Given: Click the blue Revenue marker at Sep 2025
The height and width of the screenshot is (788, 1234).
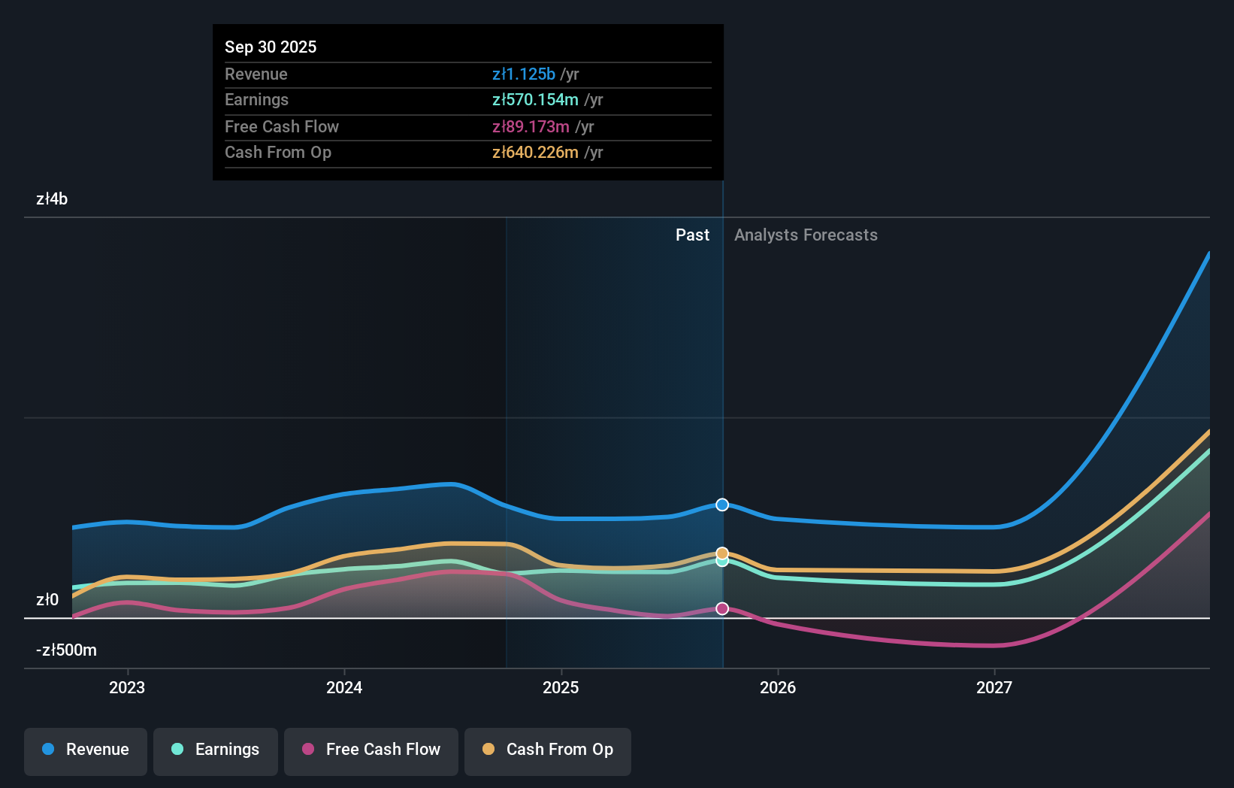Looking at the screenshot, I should (x=722, y=505).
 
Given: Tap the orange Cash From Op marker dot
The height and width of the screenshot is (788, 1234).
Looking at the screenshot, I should (x=722, y=553).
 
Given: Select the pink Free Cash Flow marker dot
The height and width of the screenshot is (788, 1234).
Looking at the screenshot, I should (x=722, y=608).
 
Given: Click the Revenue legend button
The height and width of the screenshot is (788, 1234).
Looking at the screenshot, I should (x=86, y=750).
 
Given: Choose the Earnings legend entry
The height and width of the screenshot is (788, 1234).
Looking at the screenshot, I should (x=216, y=750).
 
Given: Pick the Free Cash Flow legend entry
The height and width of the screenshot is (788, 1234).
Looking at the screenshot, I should (x=371, y=750).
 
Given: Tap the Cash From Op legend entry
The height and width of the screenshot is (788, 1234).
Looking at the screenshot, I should (x=548, y=750).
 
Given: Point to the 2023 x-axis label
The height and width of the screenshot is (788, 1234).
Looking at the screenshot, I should (x=127, y=688).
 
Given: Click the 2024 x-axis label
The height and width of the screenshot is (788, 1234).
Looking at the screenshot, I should (x=344, y=688).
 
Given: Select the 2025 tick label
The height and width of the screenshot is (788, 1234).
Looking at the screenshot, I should (x=561, y=688).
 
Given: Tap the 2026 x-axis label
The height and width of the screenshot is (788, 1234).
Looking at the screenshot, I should (x=778, y=688).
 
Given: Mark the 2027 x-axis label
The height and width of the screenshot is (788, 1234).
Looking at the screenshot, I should (x=994, y=688).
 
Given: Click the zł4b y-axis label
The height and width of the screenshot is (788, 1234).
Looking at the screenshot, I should (x=52, y=199).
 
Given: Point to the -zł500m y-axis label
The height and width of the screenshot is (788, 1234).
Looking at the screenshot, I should (x=66, y=650).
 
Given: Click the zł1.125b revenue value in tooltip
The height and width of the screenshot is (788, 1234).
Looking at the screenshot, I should (x=524, y=74).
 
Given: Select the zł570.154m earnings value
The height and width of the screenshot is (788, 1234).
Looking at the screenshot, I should (x=535, y=100).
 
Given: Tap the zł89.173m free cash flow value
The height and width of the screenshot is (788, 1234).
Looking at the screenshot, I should (x=531, y=127).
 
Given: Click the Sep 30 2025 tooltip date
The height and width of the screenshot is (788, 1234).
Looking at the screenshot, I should (x=271, y=47).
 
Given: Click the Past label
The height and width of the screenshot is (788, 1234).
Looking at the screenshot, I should (x=692, y=235).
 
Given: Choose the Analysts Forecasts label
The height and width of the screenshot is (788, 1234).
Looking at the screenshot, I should (x=806, y=235).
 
